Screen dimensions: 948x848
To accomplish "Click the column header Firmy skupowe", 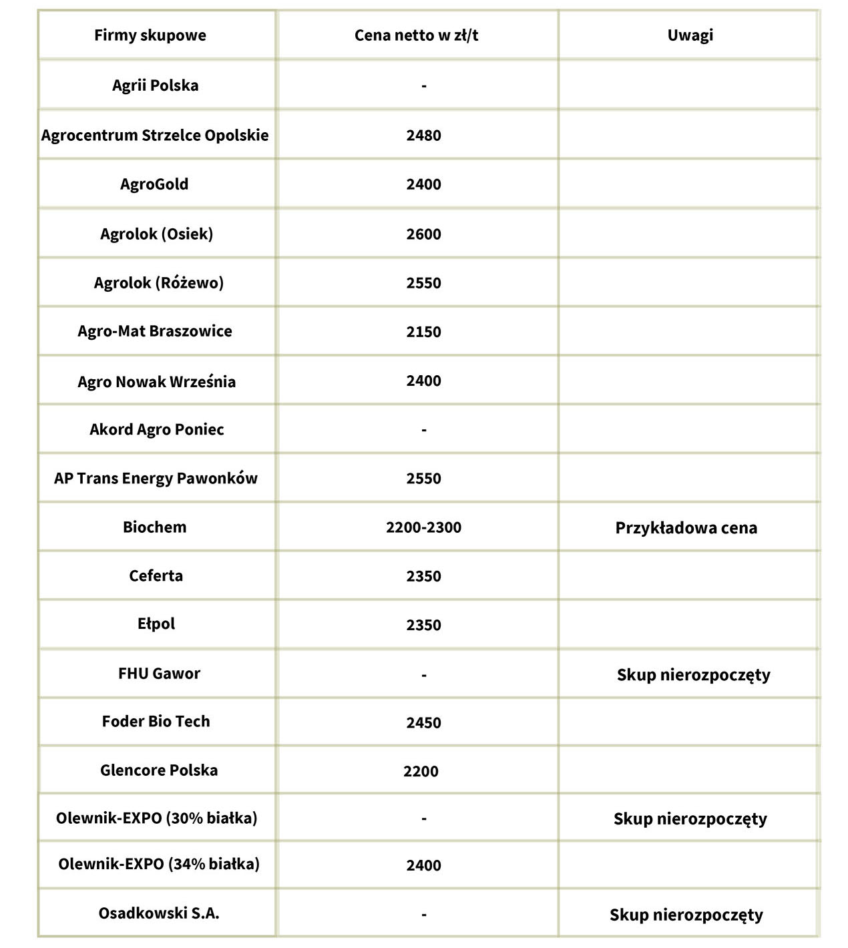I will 150,35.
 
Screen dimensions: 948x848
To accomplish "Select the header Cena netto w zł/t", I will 416,35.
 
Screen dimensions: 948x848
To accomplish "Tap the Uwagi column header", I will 690,35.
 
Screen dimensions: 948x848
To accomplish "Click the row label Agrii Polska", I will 156,85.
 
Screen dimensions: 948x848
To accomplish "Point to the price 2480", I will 423,136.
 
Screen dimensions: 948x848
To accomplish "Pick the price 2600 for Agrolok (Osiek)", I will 423,234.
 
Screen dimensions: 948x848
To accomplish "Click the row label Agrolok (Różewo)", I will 159,283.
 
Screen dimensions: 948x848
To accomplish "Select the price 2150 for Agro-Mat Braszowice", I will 423,332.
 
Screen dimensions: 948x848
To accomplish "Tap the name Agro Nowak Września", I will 157,382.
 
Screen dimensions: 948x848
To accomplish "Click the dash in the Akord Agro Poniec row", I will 424,430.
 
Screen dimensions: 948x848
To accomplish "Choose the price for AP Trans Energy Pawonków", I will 423,479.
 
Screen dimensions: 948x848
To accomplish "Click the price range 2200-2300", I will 423,527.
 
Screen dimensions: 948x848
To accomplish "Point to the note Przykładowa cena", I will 686,528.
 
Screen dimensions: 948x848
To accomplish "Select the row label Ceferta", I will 156,576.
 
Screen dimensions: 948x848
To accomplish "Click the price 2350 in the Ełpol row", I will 423,626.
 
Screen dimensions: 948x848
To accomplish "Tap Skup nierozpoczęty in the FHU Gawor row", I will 693,675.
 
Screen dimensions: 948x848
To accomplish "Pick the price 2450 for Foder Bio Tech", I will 423,723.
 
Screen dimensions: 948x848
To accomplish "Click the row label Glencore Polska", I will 159,770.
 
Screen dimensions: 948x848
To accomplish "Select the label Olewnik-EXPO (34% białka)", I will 159,865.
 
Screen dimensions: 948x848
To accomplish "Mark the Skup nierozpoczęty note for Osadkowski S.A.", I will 686,915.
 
